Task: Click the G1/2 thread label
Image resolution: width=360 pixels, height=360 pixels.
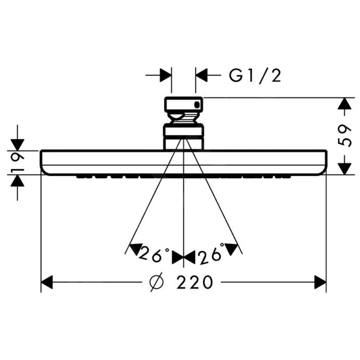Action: point(255,76)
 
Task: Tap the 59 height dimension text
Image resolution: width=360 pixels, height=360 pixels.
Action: point(345,135)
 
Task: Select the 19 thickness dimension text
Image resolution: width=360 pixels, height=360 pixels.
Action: point(18,163)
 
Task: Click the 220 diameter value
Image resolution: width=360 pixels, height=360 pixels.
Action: point(195,282)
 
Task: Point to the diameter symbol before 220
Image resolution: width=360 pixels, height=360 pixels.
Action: point(157,282)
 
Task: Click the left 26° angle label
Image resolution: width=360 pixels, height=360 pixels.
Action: point(154,253)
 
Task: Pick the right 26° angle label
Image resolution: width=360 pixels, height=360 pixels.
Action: point(211,254)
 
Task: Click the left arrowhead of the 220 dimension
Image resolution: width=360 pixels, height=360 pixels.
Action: point(46,282)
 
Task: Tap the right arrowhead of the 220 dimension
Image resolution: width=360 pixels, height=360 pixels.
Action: point(321,282)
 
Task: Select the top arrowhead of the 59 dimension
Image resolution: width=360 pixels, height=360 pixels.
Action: point(345,103)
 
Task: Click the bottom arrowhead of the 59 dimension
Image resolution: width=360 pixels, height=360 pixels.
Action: point(345,169)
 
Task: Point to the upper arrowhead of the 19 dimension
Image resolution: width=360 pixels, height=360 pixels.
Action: point(18,145)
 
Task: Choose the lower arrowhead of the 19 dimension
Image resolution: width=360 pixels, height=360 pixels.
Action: point(18,181)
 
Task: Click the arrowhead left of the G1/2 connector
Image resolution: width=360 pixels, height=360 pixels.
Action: point(166,75)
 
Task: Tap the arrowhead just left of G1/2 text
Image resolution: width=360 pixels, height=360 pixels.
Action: point(202,75)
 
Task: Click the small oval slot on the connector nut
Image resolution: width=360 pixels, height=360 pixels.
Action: point(197,105)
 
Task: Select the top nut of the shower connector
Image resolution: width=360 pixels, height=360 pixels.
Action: point(183,105)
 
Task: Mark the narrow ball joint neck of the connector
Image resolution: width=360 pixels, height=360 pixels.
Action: point(183,118)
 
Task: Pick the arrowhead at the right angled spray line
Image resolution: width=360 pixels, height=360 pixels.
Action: point(231,249)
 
